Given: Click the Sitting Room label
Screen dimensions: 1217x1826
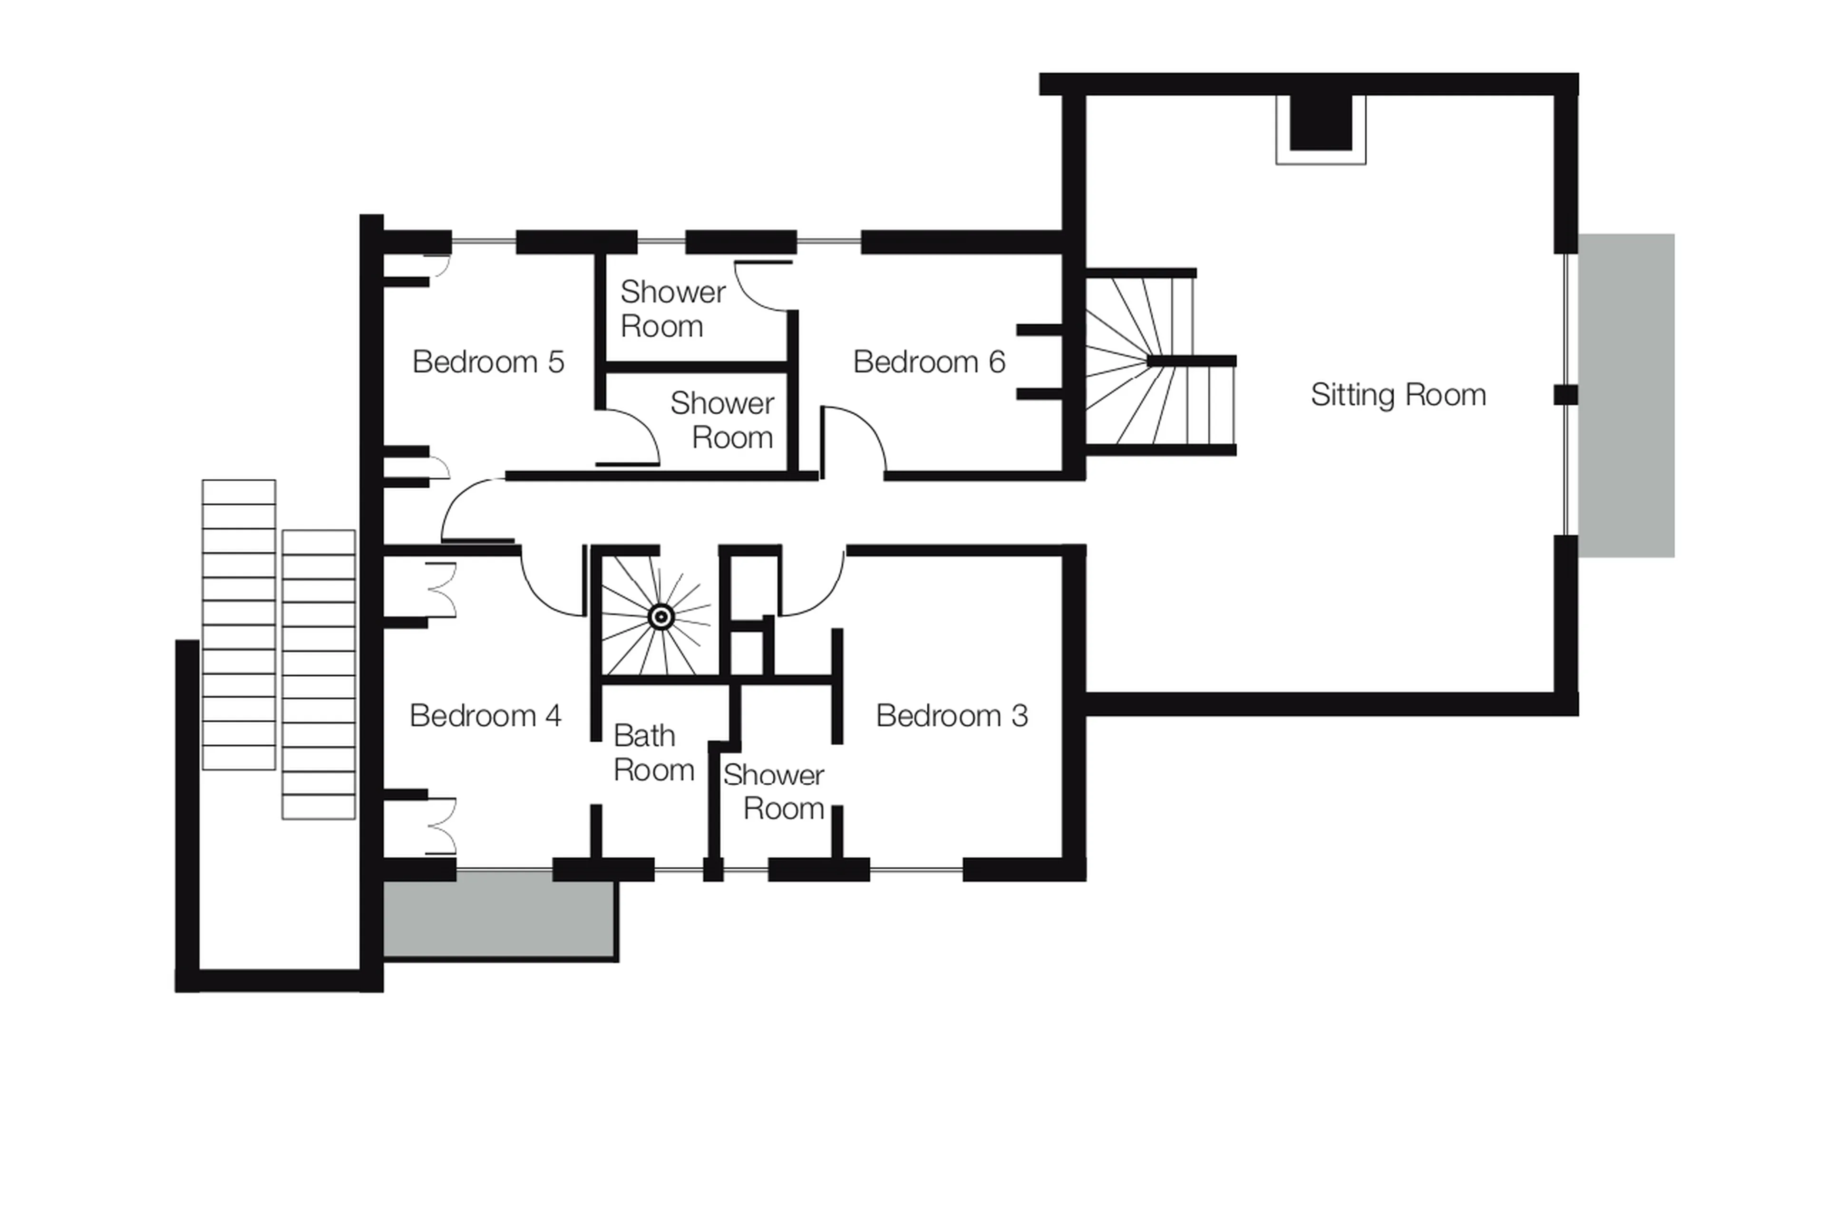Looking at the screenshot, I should (x=1397, y=395).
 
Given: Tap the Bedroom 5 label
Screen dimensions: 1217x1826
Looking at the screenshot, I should (x=487, y=362).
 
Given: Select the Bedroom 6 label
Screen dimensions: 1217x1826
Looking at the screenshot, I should (x=928, y=362).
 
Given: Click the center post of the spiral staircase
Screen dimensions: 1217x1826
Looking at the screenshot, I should (x=660, y=616).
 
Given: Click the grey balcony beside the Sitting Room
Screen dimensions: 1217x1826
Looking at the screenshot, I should (x=1625, y=395).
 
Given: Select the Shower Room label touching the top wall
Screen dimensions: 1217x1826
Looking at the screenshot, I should (x=672, y=308).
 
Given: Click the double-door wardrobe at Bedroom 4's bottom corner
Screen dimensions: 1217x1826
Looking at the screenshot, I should (x=440, y=826).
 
